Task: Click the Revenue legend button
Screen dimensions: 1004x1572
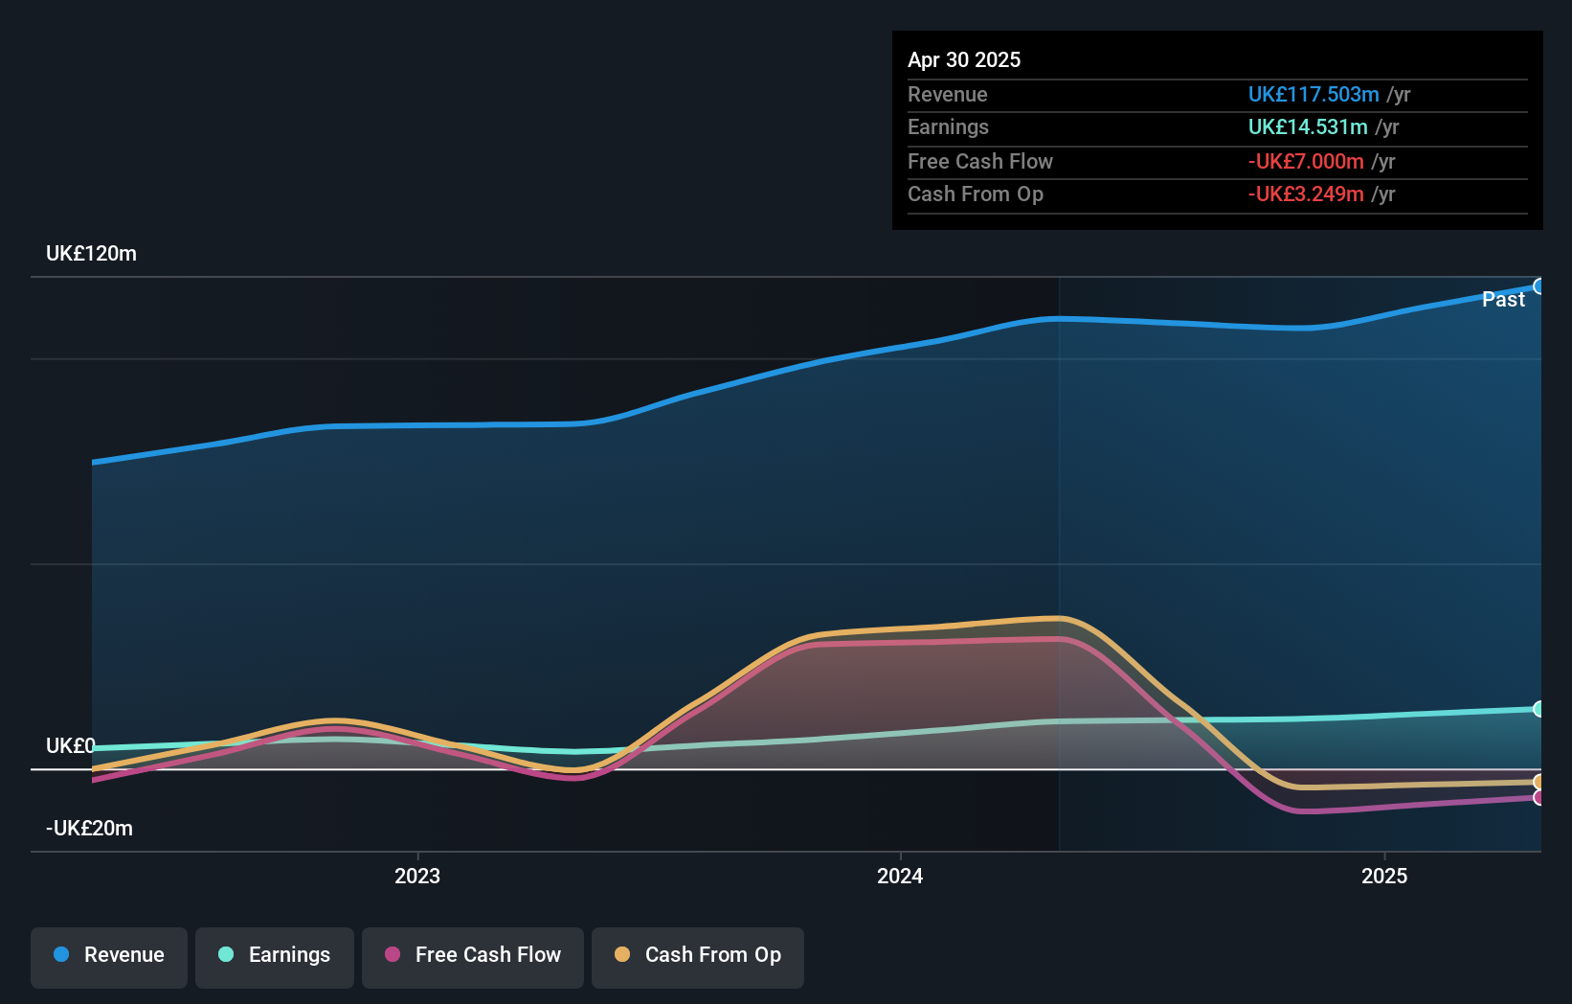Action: pos(108,955)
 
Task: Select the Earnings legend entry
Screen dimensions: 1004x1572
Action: pos(274,955)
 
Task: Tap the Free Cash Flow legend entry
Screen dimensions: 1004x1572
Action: pos(472,955)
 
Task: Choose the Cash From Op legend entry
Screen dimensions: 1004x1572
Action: pos(697,955)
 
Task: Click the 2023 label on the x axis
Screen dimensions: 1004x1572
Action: pos(417,876)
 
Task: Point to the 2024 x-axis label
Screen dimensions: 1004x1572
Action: pos(900,876)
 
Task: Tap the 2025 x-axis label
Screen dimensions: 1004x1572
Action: pos(1384,876)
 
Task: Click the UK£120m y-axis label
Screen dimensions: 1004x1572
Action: pos(91,254)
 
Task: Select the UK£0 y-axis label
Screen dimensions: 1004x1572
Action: pos(71,745)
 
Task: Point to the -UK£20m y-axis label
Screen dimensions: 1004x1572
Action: pos(89,829)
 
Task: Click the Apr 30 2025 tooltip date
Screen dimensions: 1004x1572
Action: pos(964,59)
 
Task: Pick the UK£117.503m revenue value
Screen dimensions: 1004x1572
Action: pos(1313,94)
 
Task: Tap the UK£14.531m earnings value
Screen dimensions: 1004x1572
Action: pos(1307,126)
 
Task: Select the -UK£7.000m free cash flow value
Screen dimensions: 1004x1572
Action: pos(1305,161)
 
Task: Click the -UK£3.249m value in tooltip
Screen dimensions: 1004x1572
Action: pos(1305,194)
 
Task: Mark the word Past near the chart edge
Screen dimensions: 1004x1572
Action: pos(1503,300)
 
